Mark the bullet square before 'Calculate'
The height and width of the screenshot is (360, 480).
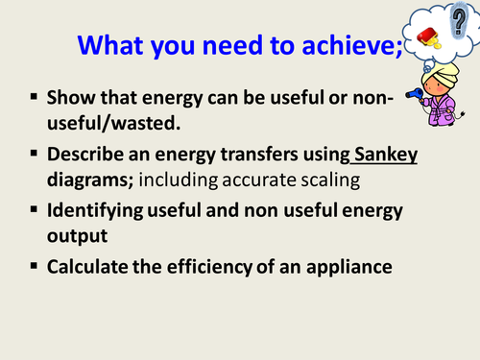[x=33, y=267]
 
